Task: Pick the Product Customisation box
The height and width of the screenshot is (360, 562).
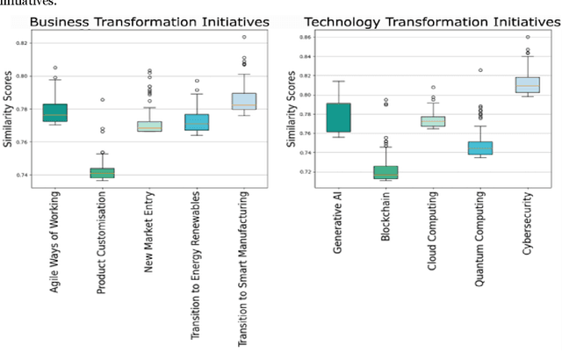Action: point(102,173)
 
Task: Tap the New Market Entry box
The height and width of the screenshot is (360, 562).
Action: point(149,126)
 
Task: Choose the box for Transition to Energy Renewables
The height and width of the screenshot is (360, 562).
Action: point(197,122)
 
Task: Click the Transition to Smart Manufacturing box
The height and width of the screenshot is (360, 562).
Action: point(244,101)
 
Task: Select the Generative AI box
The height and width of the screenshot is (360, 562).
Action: point(337,118)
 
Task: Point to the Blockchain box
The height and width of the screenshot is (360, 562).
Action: point(385,172)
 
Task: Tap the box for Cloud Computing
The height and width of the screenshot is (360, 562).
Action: point(433,121)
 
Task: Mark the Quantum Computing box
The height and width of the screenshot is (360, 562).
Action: point(480,148)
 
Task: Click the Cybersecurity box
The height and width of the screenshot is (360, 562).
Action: point(528,85)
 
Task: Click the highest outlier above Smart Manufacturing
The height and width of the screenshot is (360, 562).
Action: point(244,38)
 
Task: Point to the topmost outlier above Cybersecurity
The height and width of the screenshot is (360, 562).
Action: point(528,38)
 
